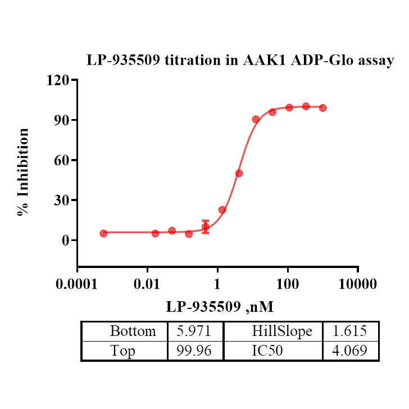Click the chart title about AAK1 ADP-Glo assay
(x=240, y=61)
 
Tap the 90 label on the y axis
(x=62, y=120)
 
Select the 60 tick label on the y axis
(x=62, y=160)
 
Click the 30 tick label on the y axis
(x=62, y=201)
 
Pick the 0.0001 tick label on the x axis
(x=78, y=284)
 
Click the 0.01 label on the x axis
(x=147, y=284)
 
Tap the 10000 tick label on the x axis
(x=358, y=284)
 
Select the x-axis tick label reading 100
(x=288, y=284)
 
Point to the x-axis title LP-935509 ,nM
(x=219, y=307)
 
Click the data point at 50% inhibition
(x=239, y=173)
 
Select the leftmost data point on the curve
(x=103, y=233)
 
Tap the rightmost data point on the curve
(x=322, y=108)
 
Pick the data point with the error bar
(x=206, y=226)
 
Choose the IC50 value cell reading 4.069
(x=349, y=351)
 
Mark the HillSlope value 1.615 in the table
(x=349, y=331)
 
